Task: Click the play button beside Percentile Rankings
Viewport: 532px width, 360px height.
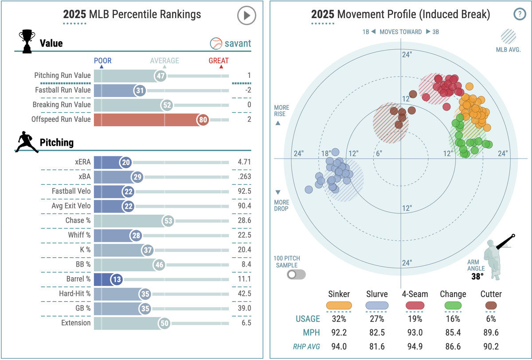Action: coord(246,16)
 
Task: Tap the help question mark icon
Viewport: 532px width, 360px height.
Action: coord(519,14)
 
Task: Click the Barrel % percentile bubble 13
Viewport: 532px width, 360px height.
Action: coord(116,279)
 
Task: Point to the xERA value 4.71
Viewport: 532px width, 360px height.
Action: coord(244,162)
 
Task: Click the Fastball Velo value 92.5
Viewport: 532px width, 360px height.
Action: coord(244,191)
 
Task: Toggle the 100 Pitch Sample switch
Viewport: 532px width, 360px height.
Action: coord(296,275)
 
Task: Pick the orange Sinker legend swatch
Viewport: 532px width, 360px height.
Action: coord(339,305)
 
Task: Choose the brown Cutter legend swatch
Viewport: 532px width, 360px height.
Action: coord(491,305)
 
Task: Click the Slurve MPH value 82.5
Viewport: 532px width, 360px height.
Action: coord(377,333)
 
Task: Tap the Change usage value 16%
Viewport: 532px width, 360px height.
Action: coord(453,319)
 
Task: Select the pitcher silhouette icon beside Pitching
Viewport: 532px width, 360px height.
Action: coord(27,142)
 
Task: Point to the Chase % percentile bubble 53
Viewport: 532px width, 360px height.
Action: coord(168,221)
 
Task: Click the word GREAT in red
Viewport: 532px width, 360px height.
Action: coord(219,61)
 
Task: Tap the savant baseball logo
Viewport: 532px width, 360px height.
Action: coord(216,43)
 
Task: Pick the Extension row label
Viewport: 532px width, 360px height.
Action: coord(75,323)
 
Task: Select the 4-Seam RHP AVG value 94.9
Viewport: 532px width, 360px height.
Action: coord(415,346)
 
